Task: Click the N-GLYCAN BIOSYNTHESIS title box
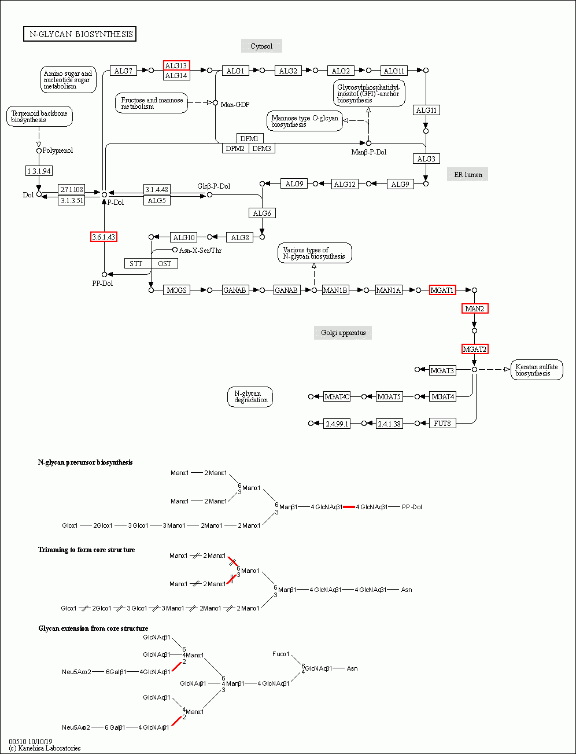tap(80, 34)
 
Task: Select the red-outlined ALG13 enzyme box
tap(176, 65)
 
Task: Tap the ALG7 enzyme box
tap(123, 71)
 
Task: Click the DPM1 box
tap(250, 138)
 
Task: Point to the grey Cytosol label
tap(261, 46)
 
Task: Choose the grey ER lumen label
tap(467, 174)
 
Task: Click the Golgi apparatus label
tap(343, 333)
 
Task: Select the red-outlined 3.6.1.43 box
tap(104, 237)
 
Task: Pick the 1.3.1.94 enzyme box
tap(39, 171)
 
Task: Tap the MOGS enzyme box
tap(177, 290)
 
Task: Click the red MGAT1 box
tap(442, 290)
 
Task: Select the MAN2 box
tap(475, 308)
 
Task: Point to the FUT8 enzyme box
tap(442, 423)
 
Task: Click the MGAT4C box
tap(337, 396)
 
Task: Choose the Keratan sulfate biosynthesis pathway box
tap(537, 370)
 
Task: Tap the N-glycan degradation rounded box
tap(250, 397)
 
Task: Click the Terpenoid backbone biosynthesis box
tap(39, 116)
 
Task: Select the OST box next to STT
tap(165, 264)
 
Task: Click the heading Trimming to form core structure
tap(87, 550)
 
